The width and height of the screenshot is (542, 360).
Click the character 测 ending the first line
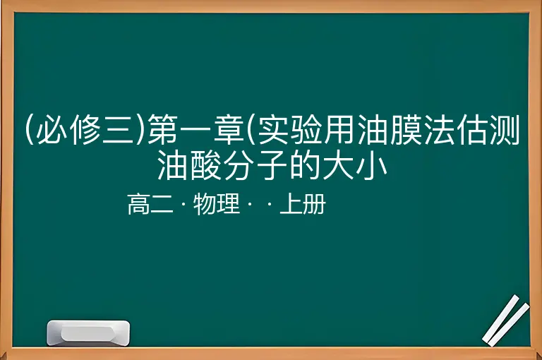point(505,130)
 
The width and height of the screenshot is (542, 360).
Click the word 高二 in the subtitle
point(150,204)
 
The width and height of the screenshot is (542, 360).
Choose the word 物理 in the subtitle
point(217,204)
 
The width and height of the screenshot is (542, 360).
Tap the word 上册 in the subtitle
point(303,204)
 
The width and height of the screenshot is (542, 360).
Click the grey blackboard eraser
point(88,333)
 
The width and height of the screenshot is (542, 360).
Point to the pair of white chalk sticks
point(505,320)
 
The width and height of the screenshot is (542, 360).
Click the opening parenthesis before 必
point(30,130)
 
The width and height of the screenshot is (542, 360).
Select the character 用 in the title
point(339,130)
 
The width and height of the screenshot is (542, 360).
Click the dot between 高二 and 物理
point(183,205)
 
